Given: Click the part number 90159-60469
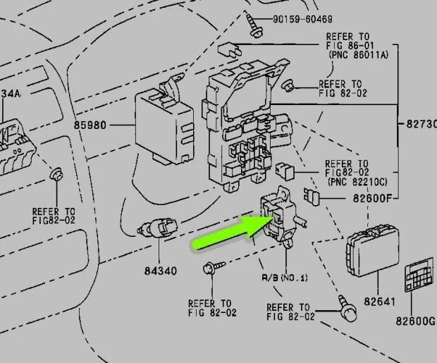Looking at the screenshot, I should [304, 18].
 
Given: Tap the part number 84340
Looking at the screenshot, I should [161, 271].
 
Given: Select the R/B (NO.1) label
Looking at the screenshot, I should [284, 278].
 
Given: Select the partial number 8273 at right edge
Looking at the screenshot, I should [421, 124].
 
